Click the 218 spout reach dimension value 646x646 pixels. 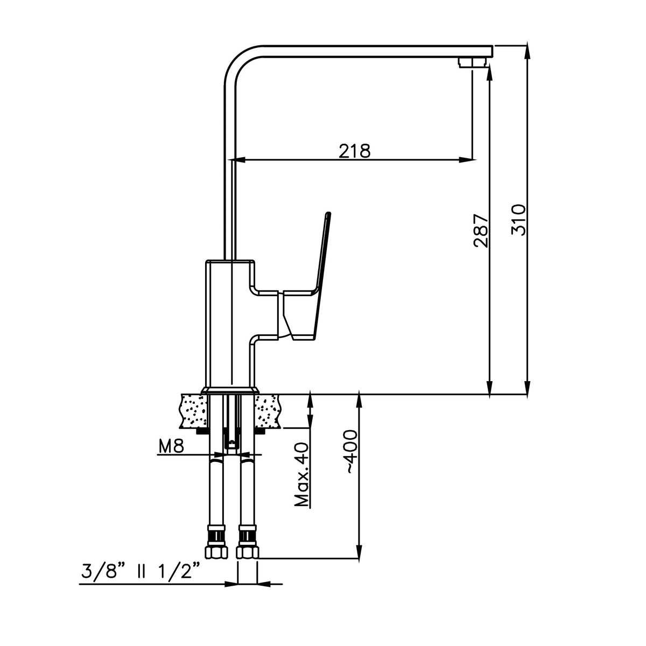coord(354,151)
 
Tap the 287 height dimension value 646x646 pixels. coord(481,231)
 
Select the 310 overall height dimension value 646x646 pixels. coord(518,220)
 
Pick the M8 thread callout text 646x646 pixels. coord(171,446)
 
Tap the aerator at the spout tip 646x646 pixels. coord(472,62)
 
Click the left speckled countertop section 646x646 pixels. coord(194,411)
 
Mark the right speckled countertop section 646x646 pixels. coord(268,411)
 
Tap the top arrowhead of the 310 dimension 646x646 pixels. coord(528,50)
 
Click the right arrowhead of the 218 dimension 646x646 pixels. coord(467,160)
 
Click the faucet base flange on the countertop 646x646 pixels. coord(230,390)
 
